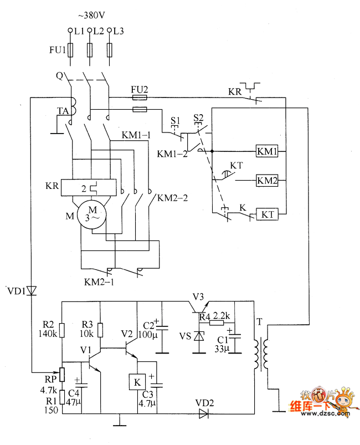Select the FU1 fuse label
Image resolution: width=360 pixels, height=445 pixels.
[x=57, y=50]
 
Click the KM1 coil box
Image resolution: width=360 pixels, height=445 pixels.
[x=267, y=151]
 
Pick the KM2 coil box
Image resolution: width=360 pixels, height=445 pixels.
[x=267, y=180]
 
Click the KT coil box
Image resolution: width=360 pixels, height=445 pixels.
[x=267, y=213]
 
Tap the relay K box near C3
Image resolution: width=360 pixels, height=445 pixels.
[x=136, y=381]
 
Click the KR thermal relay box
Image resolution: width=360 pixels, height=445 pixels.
[x=89, y=187]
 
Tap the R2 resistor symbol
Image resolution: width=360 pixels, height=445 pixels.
[x=61, y=331]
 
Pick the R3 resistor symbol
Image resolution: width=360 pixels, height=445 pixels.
[x=100, y=331]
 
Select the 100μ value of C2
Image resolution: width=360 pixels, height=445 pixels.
[x=146, y=336]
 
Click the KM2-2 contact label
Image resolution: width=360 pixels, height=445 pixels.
[x=173, y=197]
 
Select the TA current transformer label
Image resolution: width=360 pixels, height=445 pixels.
[x=62, y=111]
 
